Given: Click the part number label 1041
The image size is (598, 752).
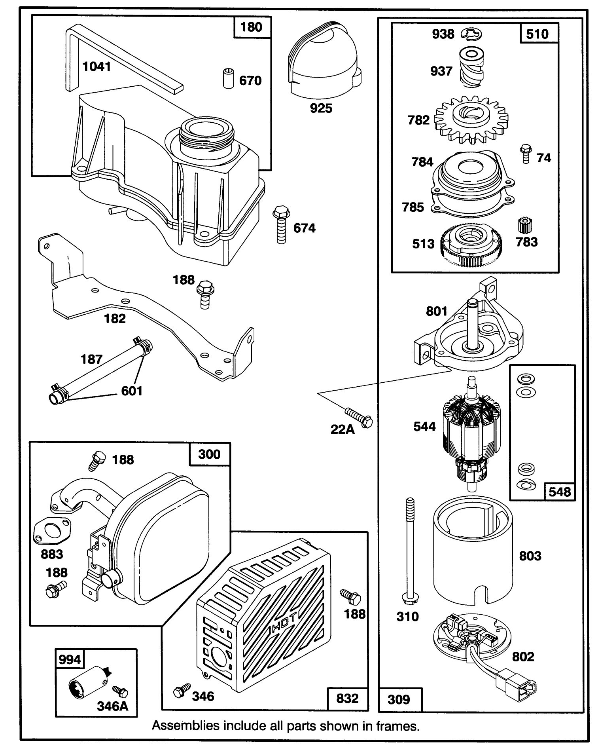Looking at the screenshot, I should pyautogui.click(x=97, y=66).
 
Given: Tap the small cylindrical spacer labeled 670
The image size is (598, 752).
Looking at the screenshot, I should pyautogui.click(x=228, y=78).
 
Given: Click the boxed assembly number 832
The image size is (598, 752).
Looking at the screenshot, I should pyautogui.click(x=347, y=699).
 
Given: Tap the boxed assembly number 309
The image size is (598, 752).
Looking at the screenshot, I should pyautogui.click(x=399, y=700).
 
